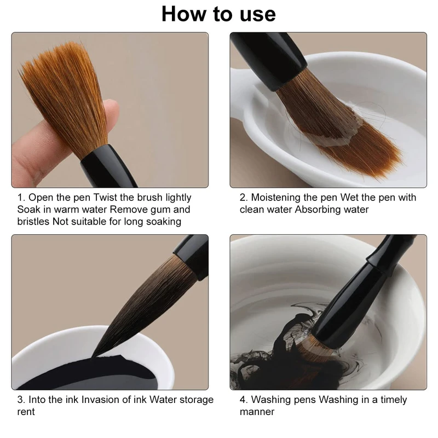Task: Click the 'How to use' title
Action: pyautogui.click(x=218, y=14)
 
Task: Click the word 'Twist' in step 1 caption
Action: pyautogui.click(x=106, y=197)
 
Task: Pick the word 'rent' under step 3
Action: pyautogui.click(x=26, y=412)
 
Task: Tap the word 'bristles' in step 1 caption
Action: pyautogui.click(x=33, y=222)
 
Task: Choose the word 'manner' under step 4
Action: pyautogui.click(x=257, y=412)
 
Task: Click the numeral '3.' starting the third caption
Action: pyautogui.click(x=21, y=400)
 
